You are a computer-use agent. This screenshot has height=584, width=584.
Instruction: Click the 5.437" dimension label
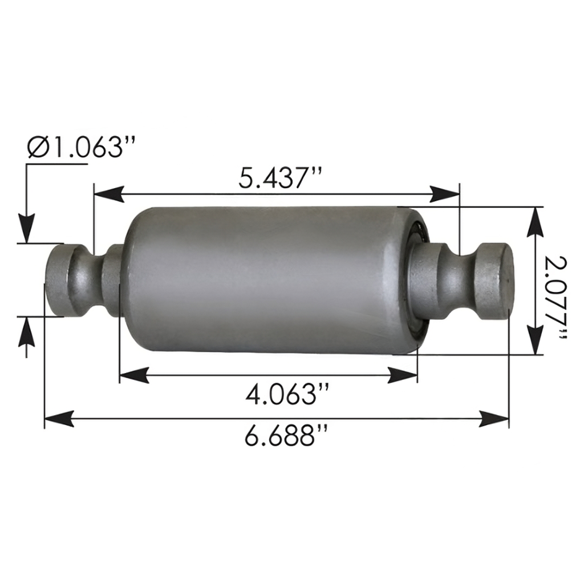coord(281,179)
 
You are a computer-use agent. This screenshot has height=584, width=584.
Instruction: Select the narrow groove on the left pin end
coord(91,279)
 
